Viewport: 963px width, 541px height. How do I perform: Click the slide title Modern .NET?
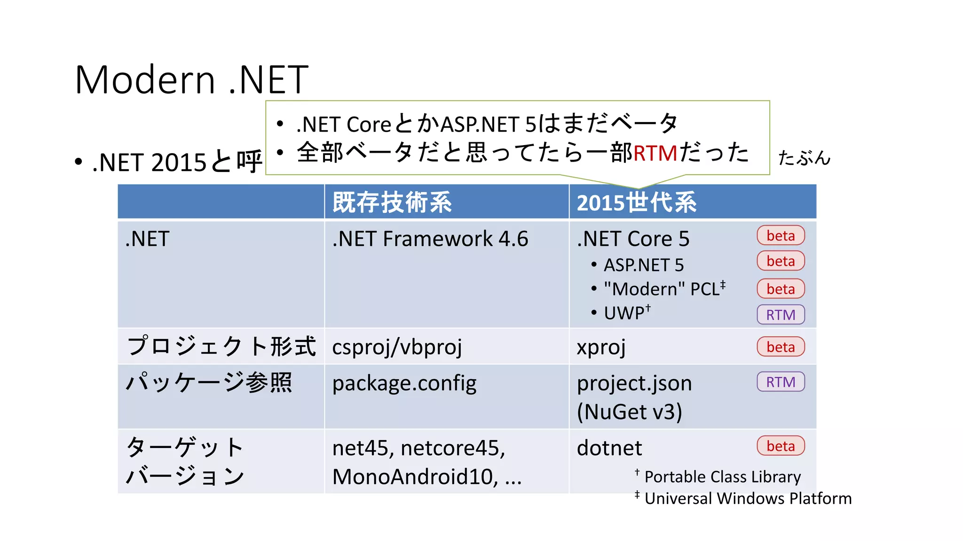(191, 80)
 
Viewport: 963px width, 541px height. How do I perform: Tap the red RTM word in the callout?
(655, 154)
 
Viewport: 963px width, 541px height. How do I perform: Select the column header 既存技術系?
(392, 202)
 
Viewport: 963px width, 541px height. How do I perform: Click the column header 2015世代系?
(636, 203)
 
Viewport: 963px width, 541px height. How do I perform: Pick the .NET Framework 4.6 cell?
(430, 239)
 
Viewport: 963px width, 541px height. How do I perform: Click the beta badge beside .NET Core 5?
(781, 236)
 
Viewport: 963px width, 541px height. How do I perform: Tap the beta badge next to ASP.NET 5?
(781, 261)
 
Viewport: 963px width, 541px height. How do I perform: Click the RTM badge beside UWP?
(781, 315)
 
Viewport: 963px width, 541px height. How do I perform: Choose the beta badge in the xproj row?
(781, 347)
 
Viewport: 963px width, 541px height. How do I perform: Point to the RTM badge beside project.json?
(781, 382)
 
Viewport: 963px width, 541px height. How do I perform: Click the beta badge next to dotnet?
(781, 446)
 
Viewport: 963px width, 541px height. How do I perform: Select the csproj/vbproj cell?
(397, 347)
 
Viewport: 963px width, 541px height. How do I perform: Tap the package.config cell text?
(404, 383)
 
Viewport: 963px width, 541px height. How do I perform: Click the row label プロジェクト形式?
(221, 346)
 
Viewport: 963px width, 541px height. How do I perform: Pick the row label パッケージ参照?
(209, 382)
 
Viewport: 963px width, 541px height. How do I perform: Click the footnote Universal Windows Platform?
(748, 498)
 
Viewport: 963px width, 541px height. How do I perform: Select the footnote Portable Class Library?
(722, 477)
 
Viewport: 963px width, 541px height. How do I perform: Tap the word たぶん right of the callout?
(804, 158)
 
